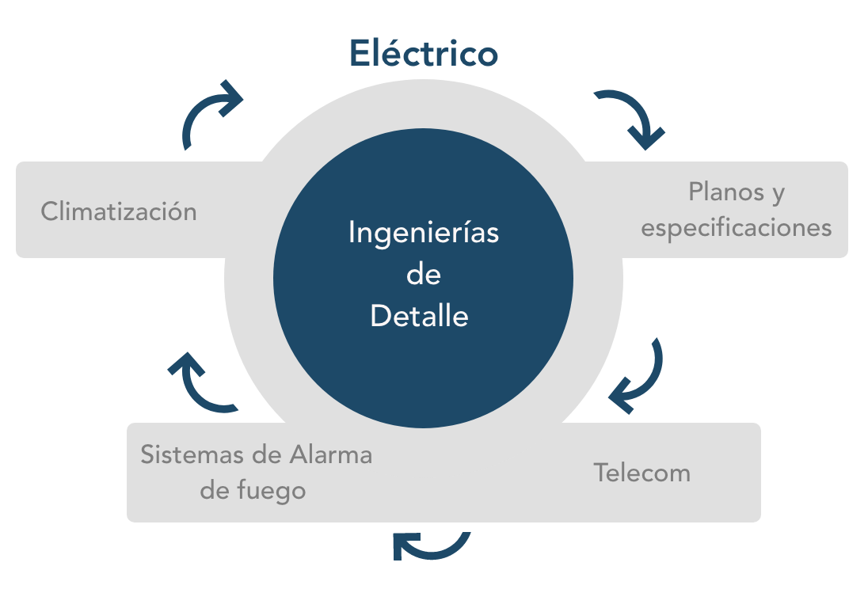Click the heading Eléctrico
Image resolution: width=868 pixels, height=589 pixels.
point(424,54)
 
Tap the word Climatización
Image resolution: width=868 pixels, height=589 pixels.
point(119,212)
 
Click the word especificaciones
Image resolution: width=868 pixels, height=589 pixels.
point(737,228)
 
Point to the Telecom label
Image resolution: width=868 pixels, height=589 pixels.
point(642,473)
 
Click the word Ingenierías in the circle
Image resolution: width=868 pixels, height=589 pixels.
point(424,234)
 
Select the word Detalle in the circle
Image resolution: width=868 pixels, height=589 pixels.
point(420,316)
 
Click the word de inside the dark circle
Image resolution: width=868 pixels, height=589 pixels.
point(423,275)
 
